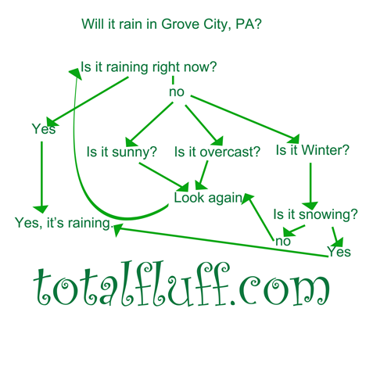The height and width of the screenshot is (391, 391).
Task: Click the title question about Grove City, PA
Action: (171, 24)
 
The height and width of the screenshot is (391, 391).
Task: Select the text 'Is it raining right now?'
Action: (149, 67)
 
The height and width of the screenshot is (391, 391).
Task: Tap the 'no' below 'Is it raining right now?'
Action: (177, 92)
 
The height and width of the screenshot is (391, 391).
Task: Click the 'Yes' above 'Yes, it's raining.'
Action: (44, 129)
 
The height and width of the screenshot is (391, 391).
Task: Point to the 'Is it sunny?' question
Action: (121, 152)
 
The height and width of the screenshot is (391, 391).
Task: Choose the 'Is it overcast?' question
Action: (217, 152)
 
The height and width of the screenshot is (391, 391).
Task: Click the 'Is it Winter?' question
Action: (312, 150)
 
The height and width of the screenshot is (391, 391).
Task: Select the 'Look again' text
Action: (208, 198)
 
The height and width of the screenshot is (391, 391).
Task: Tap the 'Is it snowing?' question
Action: (315, 214)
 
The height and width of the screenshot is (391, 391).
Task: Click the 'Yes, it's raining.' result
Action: (63, 223)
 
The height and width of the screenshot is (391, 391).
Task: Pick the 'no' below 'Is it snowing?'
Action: (283, 241)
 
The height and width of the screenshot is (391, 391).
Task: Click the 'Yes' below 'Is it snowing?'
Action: (339, 252)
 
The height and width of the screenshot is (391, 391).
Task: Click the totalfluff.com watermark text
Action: (181, 284)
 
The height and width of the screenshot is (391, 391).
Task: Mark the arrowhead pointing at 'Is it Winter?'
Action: (294, 139)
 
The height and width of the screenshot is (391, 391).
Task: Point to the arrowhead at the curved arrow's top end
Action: (75, 74)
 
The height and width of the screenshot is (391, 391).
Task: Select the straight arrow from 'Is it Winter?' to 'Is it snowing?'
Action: (310, 186)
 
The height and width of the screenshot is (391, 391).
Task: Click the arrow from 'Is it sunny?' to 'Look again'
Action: (163, 178)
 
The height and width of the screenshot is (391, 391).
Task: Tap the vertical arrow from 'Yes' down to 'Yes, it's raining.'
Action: (41, 178)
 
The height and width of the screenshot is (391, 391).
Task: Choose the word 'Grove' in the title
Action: (180, 24)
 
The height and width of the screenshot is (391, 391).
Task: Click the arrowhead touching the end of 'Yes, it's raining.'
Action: (117, 229)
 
